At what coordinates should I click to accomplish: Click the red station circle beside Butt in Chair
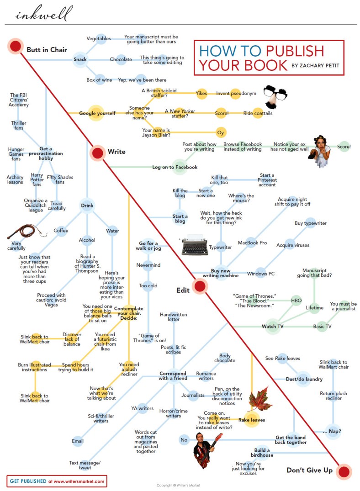(x=16, y=46)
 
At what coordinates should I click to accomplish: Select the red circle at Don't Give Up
(x=344, y=471)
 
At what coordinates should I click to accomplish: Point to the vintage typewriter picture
(x=194, y=246)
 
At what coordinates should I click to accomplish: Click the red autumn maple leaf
(x=260, y=398)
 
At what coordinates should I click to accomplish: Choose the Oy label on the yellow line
(x=221, y=133)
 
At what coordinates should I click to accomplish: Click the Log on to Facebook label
(x=175, y=167)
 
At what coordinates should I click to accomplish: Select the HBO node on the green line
(x=296, y=301)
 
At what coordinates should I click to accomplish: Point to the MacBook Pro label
(x=252, y=243)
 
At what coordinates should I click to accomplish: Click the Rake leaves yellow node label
(x=251, y=420)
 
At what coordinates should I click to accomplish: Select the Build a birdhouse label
(x=262, y=452)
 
